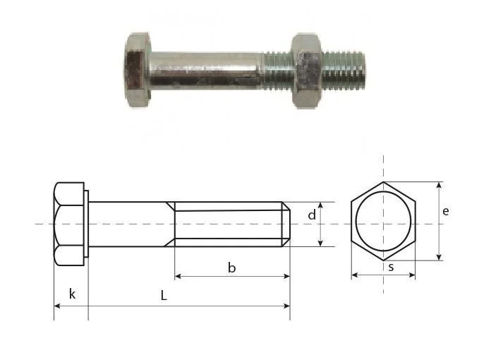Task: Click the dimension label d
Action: click(312, 215)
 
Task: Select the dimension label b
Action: click(231, 268)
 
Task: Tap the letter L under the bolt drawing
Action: click(164, 295)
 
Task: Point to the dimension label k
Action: click(72, 294)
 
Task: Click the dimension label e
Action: click(446, 212)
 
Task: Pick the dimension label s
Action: click(391, 268)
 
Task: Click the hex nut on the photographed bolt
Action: click(306, 71)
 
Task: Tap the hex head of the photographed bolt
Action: click(137, 70)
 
